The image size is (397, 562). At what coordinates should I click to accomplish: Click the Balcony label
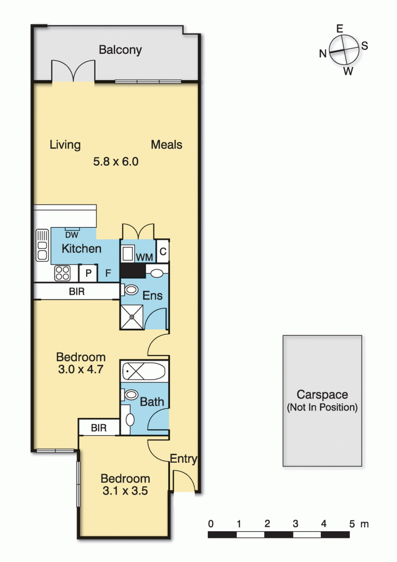pos(120,50)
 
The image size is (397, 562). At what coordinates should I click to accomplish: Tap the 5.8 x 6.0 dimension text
pos(116,162)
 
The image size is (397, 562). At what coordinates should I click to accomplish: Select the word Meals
pos(167,144)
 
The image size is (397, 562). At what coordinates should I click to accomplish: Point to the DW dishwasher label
pos(72,235)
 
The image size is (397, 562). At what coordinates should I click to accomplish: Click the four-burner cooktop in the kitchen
pos(63,273)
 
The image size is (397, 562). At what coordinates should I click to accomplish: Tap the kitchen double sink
pos(42,245)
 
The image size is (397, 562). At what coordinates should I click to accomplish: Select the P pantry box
pos(88,273)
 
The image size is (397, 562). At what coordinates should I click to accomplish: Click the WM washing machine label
pos(144,257)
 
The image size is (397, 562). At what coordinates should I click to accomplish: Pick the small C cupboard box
pos(163,251)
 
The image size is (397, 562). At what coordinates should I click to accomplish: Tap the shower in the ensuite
pos(132,317)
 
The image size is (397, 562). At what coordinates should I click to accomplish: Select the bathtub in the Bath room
pos(144,371)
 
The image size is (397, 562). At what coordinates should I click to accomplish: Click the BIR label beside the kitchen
pos(77,291)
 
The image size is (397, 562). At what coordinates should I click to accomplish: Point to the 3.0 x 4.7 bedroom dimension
pos(81,369)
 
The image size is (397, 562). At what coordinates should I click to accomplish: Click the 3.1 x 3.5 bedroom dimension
pos(125,491)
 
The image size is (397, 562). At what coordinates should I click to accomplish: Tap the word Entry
pos(183,459)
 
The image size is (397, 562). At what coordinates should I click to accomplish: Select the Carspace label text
pos(322,395)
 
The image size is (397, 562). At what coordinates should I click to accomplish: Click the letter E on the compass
pos(340,29)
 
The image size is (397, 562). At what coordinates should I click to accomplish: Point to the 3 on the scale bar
pos(296,524)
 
